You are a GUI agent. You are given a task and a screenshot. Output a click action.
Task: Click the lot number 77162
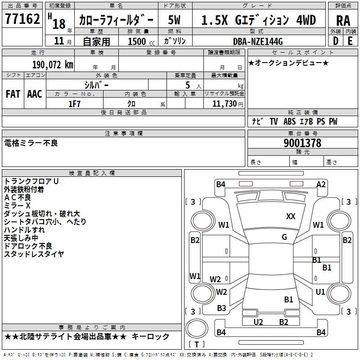[x=22, y=18]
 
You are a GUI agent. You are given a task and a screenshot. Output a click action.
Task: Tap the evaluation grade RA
[x=343, y=21]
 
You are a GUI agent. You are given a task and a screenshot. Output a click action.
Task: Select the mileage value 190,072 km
[x=53, y=65]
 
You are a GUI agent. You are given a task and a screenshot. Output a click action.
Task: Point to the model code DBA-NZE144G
[x=258, y=41]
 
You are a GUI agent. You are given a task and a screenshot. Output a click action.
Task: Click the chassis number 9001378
[x=302, y=143]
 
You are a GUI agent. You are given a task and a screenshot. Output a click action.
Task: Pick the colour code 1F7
[x=74, y=104]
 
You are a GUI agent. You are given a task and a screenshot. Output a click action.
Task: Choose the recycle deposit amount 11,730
[x=224, y=104]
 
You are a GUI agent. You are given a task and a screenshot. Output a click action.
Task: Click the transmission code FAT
[x=13, y=94]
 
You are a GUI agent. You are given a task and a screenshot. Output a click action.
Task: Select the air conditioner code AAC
[x=35, y=94]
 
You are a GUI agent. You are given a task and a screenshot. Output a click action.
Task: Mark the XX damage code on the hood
[x=291, y=216]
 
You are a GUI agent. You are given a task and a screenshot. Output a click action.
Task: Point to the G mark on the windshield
[x=284, y=237]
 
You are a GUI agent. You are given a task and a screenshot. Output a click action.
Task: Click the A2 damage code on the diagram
[x=321, y=184]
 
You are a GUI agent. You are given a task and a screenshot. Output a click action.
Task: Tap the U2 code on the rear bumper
[x=258, y=322]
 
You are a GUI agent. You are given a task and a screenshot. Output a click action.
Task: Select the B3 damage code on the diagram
[x=221, y=308]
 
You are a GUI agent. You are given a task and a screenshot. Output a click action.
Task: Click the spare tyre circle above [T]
[x=197, y=328]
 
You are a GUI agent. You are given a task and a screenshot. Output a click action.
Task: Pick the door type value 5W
[x=174, y=20]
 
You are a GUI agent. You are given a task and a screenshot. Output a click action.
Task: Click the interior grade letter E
[x=350, y=41]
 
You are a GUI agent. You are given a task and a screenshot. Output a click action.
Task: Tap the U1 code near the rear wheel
[x=320, y=292]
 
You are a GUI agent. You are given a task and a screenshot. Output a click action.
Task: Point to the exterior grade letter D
[x=336, y=41]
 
